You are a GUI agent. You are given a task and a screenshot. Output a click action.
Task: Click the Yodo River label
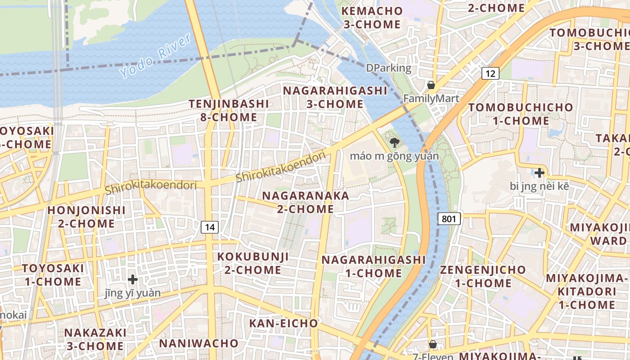coord(156,55)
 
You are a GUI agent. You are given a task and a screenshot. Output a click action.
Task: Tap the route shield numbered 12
coord(490,73)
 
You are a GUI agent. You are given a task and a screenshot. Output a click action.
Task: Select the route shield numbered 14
coord(210,227)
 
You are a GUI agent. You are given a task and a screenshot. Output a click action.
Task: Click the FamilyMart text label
coord(431,99)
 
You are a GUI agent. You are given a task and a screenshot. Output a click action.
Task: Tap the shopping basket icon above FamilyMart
coord(431,85)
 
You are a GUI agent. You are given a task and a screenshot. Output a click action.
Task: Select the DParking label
coord(388,68)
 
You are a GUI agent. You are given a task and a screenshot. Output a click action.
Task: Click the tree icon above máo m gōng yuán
coord(395,143)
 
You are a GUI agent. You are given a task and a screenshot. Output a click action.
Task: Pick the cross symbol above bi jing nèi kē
coord(539,172)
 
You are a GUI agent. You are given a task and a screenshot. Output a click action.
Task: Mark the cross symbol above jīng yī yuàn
coord(132,279)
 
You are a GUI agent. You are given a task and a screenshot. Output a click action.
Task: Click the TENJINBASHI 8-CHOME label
coord(229,110)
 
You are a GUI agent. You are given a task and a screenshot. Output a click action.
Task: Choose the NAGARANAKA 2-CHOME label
coord(306,202)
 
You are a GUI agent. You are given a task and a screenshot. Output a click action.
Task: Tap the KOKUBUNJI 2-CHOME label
coord(253,263)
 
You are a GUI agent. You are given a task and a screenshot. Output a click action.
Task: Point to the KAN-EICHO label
coord(283,323)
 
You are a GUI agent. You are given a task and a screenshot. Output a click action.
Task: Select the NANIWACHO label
coord(198,343)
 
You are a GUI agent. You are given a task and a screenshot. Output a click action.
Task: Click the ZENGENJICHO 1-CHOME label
coord(483,276)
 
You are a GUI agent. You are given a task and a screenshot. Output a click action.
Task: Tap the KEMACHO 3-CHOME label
coord(372,17)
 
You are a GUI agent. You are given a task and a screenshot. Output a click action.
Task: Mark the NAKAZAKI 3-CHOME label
coord(95,339)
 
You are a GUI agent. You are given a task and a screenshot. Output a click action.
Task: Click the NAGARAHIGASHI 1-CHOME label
coord(373,266)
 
